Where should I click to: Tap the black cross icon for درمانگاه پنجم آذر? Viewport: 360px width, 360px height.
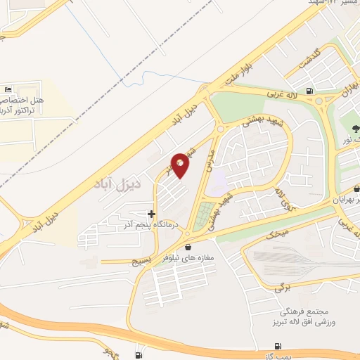point(151,214)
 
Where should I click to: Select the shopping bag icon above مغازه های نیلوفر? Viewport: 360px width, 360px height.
point(188,247)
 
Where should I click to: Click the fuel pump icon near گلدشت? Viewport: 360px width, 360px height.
point(310,91)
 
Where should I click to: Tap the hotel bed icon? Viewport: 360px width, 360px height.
point(8,89)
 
